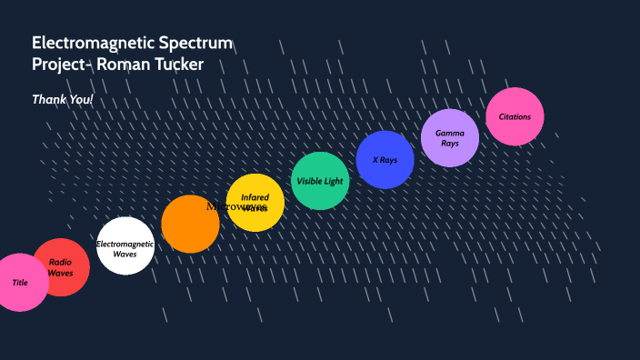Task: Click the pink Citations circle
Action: (515, 116)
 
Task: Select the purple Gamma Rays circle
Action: (450, 138)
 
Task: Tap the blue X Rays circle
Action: (385, 160)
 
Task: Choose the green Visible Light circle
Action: (320, 181)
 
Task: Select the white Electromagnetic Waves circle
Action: (125, 245)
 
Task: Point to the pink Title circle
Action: (20, 282)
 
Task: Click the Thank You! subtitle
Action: (63, 98)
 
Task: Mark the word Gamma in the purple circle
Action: (450, 133)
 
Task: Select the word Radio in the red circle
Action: (60, 262)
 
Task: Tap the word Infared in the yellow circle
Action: (255, 197)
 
